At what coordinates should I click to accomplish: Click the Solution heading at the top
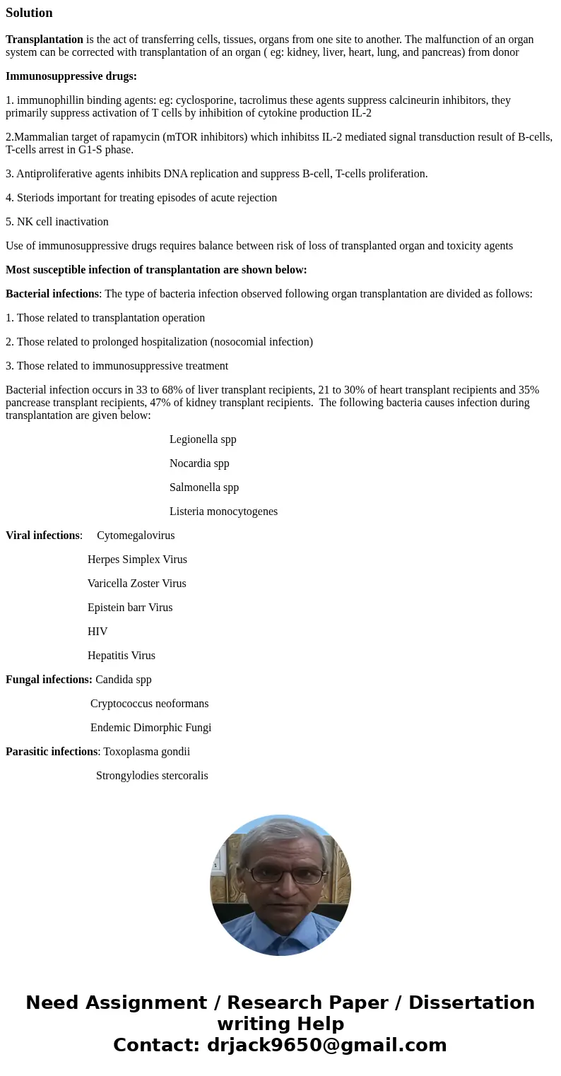tap(29, 13)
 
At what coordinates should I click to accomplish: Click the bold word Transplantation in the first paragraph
tap(45, 40)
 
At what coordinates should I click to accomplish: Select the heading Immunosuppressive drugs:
tap(71, 76)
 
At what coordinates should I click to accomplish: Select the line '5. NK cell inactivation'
tap(57, 222)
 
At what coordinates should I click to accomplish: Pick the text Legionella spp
tap(203, 439)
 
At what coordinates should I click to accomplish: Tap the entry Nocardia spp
tap(199, 463)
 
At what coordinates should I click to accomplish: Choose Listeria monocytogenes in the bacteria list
tap(223, 512)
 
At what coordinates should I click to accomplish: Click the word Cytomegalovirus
tap(136, 536)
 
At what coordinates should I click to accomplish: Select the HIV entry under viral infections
tap(98, 632)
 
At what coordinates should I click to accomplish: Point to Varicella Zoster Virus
tap(137, 584)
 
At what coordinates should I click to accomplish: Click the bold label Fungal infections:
tap(49, 680)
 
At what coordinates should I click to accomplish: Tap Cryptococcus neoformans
tap(149, 704)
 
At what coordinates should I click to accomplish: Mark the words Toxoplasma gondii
tap(146, 752)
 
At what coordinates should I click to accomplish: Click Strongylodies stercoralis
tap(152, 776)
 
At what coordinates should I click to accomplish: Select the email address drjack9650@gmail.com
tap(326, 1045)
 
